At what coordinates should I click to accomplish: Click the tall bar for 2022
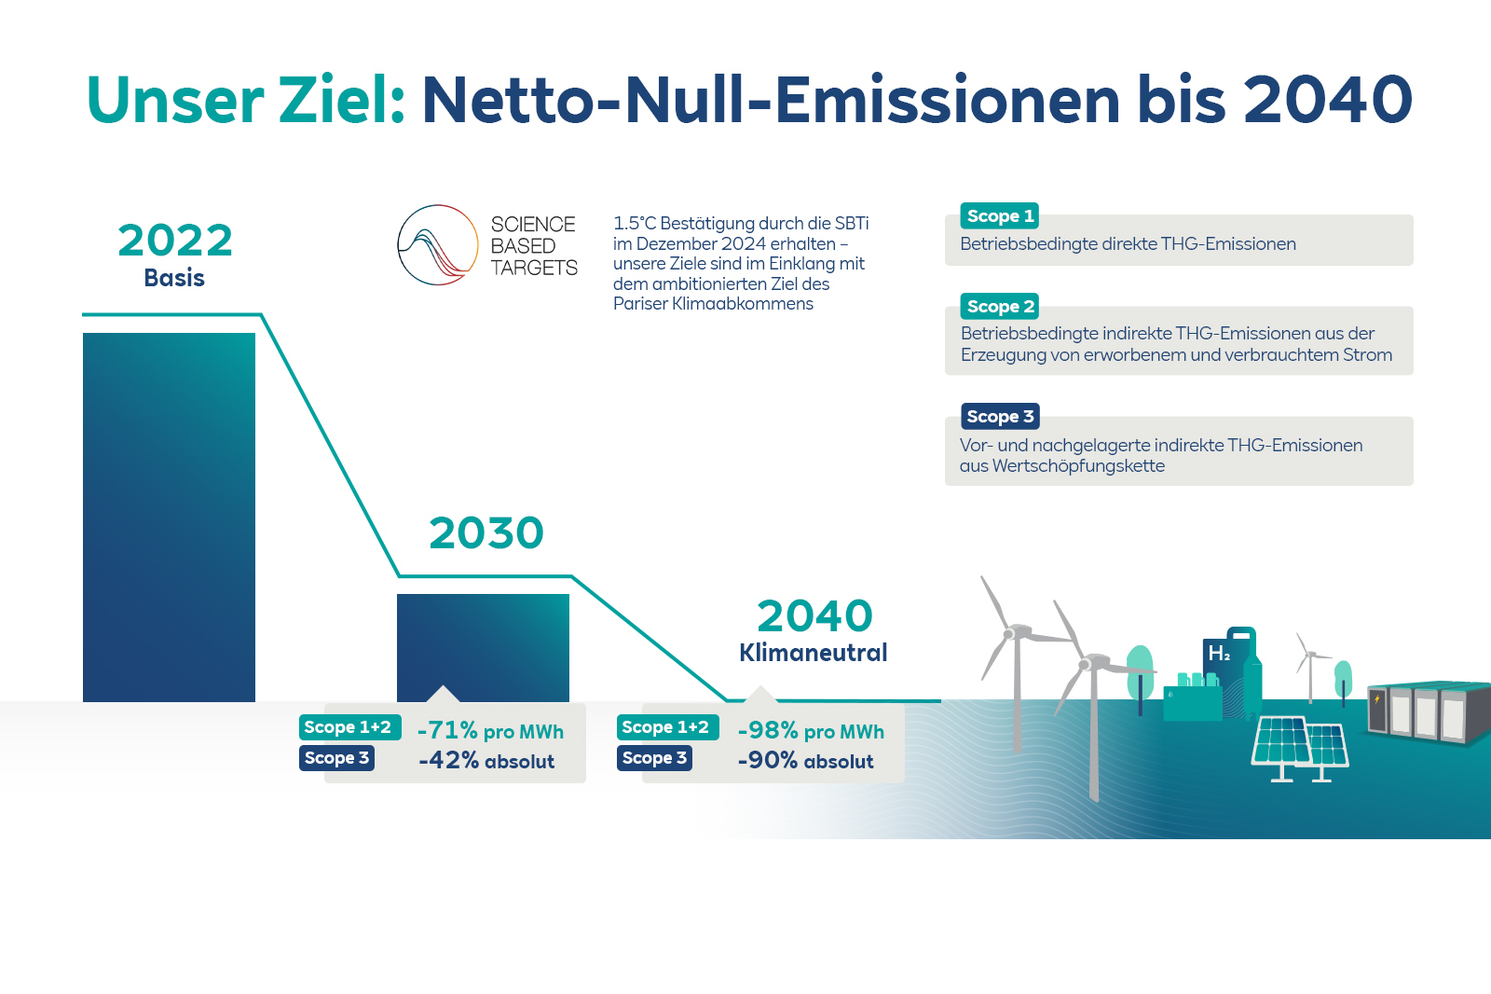[169, 518]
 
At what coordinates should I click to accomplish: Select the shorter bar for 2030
[483, 643]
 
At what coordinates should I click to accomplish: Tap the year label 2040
[814, 616]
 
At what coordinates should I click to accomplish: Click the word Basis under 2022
[174, 278]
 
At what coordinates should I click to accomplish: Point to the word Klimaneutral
[813, 653]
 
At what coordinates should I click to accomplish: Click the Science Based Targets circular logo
[438, 245]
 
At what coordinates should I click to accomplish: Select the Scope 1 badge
[1000, 216]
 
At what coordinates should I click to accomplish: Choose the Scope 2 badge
[1000, 307]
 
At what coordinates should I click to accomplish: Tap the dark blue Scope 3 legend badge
[1000, 417]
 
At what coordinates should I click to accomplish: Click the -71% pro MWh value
[490, 731]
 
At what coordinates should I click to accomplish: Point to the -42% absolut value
[486, 761]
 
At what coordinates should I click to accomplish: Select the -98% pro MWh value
[810, 731]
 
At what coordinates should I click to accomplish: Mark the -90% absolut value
[805, 761]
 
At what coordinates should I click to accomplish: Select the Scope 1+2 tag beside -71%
[349, 727]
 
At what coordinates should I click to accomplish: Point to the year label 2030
[486, 533]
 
